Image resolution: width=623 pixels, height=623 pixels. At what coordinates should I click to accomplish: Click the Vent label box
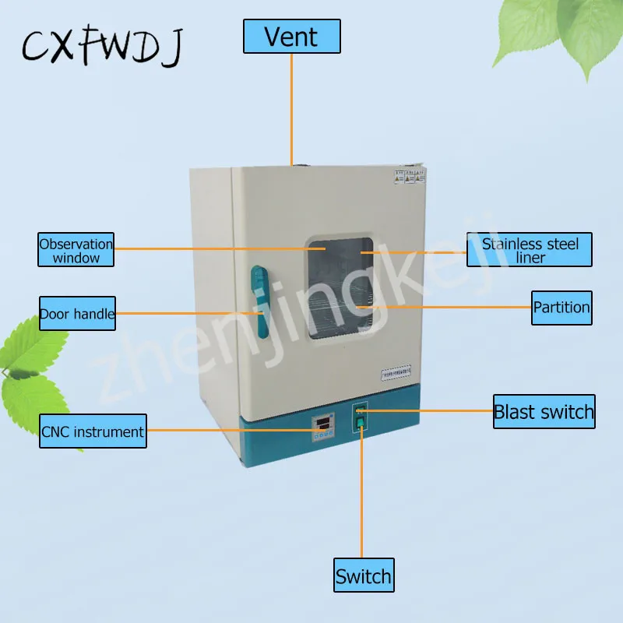pos(292,37)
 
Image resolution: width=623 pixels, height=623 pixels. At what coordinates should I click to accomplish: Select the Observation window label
pos(76,250)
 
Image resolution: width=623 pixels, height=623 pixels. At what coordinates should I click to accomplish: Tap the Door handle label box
pos(77,315)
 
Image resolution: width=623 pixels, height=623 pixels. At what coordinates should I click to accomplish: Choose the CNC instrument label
pos(93,431)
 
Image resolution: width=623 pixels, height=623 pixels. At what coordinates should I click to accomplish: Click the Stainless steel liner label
pos(530,250)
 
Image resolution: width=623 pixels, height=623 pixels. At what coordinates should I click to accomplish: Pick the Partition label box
pos(561,307)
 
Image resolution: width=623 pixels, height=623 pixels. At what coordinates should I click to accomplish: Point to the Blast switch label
pos(544,412)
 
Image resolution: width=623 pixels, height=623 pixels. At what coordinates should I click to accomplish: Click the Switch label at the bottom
pos(363,576)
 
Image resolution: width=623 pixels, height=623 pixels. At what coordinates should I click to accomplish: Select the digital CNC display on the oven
pos(321,424)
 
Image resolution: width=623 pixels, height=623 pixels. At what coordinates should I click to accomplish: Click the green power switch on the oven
pos(361,423)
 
